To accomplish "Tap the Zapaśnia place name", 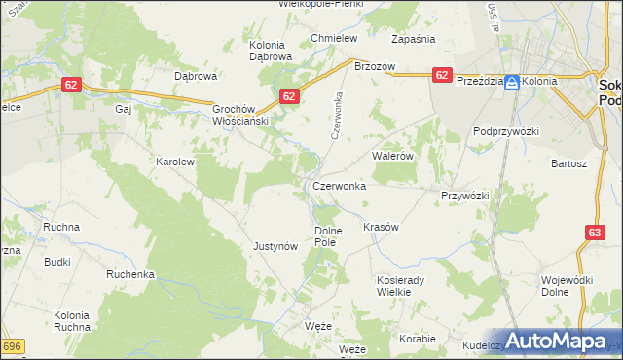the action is tap(413, 39).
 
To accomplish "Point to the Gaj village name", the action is tap(123, 110).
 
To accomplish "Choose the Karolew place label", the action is tap(176, 162).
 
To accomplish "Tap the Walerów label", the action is tap(394, 155).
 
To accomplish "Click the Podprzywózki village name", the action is tap(505, 130).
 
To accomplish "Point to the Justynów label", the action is tap(275, 246).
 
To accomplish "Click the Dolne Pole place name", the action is tap(328, 235).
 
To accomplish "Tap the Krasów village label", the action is tap(382, 227).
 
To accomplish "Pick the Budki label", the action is tap(56, 262).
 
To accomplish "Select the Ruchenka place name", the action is tap(131, 274).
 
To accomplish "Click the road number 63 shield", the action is tap(596, 232).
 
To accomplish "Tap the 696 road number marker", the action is tap(12, 346).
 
